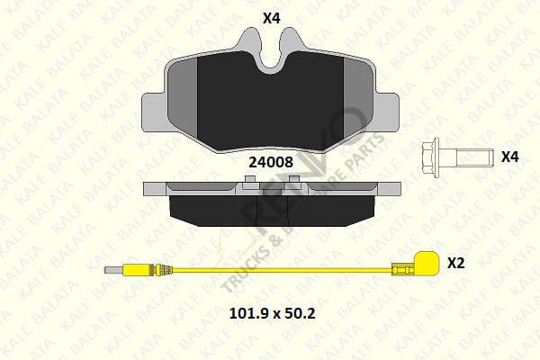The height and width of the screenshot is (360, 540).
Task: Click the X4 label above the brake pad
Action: [271, 16]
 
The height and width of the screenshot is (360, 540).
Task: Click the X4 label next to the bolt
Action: [510, 157]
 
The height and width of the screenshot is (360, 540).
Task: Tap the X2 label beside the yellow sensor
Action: [456, 263]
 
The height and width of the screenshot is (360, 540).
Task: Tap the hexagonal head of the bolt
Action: [430, 157]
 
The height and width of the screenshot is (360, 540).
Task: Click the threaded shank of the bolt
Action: [470, 157]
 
